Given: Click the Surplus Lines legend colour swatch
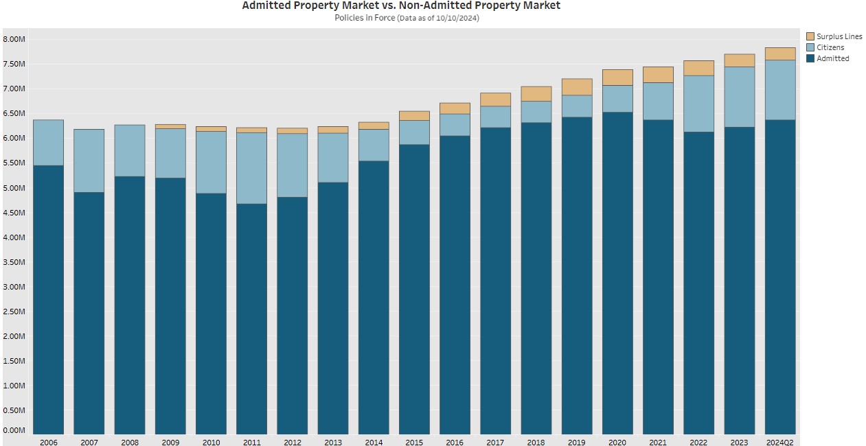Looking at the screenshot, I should [x=810, y=36].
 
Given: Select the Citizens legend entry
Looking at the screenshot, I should [x=830, y=47].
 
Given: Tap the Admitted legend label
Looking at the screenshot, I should [x=832, y=58].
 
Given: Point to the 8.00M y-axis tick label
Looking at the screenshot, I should [x=14, y=39].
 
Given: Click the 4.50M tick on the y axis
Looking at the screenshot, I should [x=14, y=213].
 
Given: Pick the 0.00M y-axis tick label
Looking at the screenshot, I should [x=14, y=430].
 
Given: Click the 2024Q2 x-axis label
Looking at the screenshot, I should [x=779, y=443].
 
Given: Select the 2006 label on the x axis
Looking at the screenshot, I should [x=48, y=443].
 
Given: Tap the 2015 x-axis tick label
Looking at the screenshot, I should [x=414, y=443].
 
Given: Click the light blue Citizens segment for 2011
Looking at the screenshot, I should [x=251, y=168].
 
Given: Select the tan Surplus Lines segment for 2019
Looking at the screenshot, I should [x=577, y=86].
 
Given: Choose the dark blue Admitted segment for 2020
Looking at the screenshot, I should [x=617, y=274].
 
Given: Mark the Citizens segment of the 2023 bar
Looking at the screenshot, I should [x=739, y=97].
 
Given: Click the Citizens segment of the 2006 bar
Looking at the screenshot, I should [x=48, y=143].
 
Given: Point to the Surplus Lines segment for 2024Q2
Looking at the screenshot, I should [x=779, y=54].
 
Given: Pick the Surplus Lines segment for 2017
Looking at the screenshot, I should [x=495, y=99].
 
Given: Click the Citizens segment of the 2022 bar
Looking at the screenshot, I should [x=698, y=104].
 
